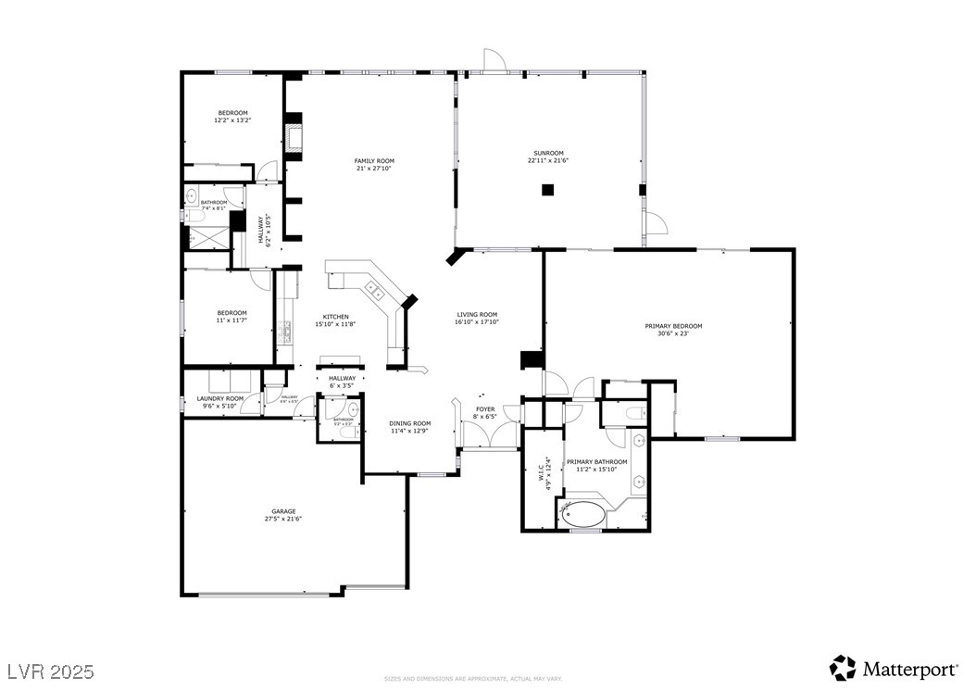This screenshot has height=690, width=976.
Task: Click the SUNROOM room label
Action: (547, 153)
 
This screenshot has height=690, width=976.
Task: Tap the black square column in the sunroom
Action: (547, 190)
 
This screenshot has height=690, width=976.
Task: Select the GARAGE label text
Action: (283, 510)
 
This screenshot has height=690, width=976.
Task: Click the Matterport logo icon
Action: (843, 668)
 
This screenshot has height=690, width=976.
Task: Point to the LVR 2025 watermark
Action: (50, 670)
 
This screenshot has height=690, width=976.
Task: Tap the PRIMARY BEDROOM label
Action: (673, 326)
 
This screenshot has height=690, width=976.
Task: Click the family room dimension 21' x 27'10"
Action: (374, 169)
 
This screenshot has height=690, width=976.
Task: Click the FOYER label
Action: (485, 408)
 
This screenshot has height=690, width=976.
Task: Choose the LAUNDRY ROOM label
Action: (221, 398)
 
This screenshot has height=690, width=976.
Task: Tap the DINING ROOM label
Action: (409, 423)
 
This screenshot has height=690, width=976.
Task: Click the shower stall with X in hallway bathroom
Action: (207, 237)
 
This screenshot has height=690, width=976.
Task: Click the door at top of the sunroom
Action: (494, 59)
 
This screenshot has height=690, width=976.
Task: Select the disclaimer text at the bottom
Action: (473, 679)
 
